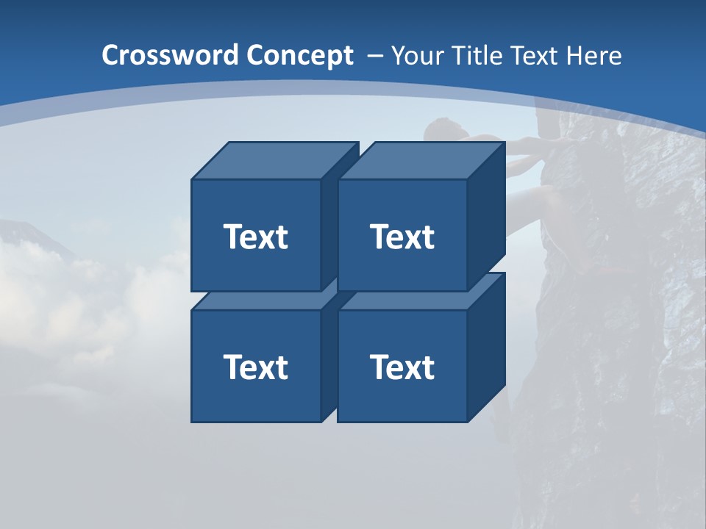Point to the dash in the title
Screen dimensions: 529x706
click(x=374, y=56)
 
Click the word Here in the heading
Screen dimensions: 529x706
click(x=593, y=56)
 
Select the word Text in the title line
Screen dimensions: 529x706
click(x=535, y=56)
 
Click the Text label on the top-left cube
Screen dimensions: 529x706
click(x=256, y=237)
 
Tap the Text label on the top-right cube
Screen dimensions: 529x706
click(x=402, y=237)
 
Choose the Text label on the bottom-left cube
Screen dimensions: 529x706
click(x=256, y=367)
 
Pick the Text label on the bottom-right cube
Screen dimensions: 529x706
click(x=402, y=367)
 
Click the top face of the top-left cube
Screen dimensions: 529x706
click(x=274, y=160)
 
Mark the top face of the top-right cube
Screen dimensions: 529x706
click(x=421, y=160)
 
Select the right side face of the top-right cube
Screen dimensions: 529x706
click(x=486, y=213)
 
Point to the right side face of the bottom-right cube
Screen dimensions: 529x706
click(x=486, y=345)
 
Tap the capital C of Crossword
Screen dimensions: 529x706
click(x=111, y=56)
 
